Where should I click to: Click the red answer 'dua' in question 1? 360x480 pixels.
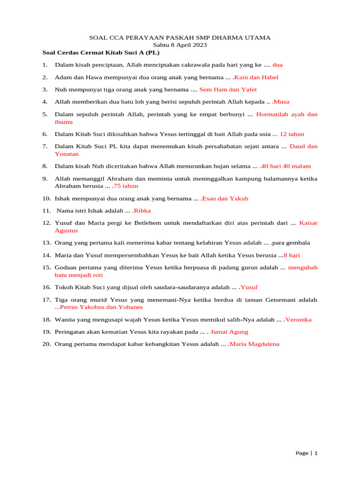277,65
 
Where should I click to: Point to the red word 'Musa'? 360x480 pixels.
282,101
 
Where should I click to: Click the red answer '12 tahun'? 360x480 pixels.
292,134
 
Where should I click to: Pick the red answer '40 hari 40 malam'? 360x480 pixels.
286,166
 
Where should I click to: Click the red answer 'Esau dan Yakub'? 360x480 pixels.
225,198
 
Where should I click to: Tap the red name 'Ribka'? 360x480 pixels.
142,210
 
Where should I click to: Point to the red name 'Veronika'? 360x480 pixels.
299,320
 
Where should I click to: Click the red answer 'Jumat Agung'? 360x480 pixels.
229,332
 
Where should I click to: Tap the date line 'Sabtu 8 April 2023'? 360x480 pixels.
180,45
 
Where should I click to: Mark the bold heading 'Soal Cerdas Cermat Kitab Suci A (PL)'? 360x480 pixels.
101,52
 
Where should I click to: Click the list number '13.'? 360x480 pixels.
46,243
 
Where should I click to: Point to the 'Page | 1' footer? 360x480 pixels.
307,453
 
